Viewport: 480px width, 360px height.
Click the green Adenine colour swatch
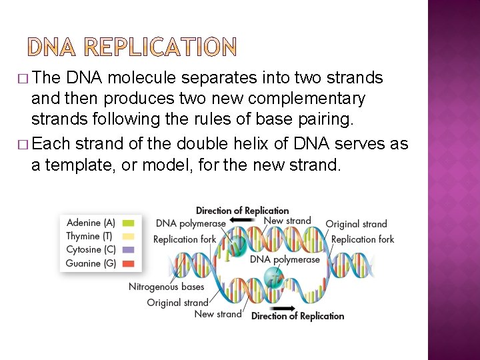129,223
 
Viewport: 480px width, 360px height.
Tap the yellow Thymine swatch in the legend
129,237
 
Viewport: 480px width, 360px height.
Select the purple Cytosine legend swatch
129,250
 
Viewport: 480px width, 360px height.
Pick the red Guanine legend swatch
129,263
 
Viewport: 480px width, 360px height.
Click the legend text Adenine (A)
91,223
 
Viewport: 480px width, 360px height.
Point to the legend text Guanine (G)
91,263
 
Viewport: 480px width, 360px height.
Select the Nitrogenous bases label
166,287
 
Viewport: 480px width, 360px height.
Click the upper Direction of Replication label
242,211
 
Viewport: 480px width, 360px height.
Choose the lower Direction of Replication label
298,316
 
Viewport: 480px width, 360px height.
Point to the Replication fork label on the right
363,239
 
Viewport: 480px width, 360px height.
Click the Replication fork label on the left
185,239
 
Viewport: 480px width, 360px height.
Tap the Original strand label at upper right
356,224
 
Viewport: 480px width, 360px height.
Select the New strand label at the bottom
218,314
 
